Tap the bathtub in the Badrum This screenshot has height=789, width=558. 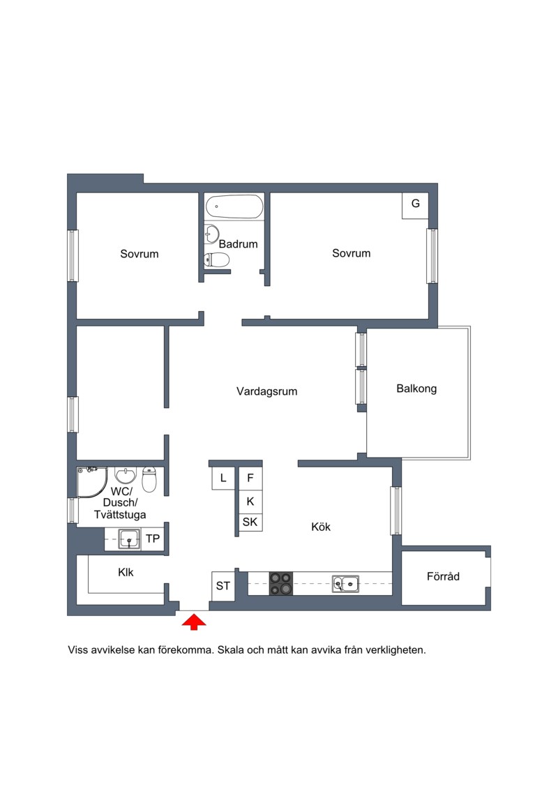(x=234, y=206)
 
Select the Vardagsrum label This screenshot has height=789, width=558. (x=266, y=391)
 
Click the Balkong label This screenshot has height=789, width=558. (x=416, y=389)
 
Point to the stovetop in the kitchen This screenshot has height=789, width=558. (x=281, y=584)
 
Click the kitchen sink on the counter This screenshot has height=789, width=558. (x=346, y=584)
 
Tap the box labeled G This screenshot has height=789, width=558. (x=415, y=205)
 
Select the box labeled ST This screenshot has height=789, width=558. (x=223, y=586)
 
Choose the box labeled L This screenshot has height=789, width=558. (x=223, y=479)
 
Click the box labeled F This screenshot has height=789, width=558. (x=250, y=479)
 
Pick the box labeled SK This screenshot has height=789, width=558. (x=250, y=522)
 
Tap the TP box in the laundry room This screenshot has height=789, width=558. (x=153, y=539)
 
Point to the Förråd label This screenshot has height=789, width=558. (x=444, y=577)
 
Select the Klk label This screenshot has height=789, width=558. (x=126, y=573)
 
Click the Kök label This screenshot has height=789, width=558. (x=321, y=527)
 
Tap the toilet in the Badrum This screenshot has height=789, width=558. (x=217, y=260)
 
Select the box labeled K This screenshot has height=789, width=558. (x=250, y=502)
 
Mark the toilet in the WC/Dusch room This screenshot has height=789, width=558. (x=149, y=479)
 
